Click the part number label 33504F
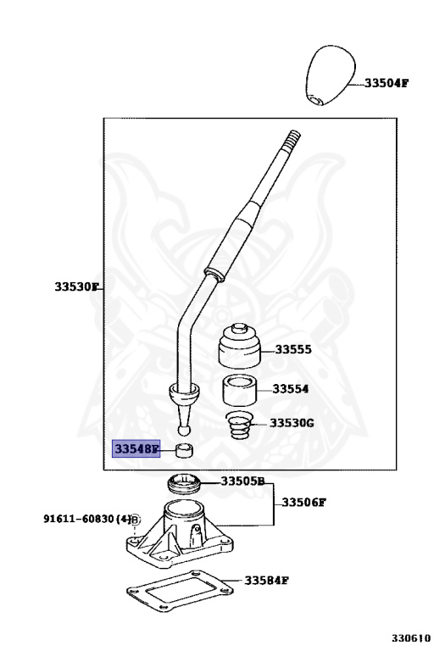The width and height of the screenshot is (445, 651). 387,83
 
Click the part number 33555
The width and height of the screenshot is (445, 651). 293,349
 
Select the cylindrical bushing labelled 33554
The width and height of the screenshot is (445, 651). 241,392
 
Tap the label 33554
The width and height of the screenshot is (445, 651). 290,390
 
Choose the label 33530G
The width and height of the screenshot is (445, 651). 292,422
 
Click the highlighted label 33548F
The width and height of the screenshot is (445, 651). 136,448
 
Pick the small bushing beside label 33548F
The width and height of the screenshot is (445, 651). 184,449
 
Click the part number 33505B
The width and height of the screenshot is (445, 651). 243,481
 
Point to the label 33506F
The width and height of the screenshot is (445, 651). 304,502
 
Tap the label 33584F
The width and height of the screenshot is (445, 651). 268,581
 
